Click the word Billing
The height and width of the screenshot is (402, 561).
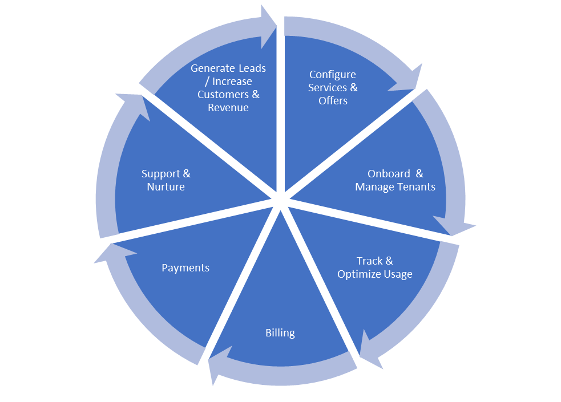(x=280, y=333)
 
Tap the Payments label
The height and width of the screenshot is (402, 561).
(x=185, y=268)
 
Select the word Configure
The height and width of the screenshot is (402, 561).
(x=333, y=75)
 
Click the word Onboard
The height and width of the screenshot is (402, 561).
(x=388, y=174)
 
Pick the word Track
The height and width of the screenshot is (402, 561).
(x=369, y=261)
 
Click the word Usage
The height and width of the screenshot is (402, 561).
(x=398, y=274)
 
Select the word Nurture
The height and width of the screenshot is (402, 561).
(x=166, y=187)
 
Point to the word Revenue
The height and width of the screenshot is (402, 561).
(x=228, y=108)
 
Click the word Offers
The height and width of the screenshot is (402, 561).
(x=333, y=101)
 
